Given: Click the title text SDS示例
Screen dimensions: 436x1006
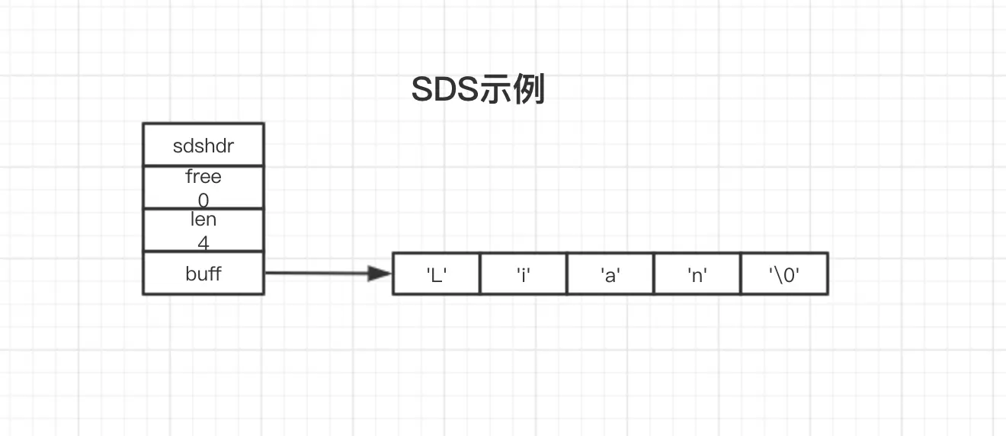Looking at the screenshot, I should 478,90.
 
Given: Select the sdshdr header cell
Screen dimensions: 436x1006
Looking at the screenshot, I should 203,146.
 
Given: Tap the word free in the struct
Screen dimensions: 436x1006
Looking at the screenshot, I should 203,177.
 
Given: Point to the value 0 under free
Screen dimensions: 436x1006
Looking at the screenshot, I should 203,200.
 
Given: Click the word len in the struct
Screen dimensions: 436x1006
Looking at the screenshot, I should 203,220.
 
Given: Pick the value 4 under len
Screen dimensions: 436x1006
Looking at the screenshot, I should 203,243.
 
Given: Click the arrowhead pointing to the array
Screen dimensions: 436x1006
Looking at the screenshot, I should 379,273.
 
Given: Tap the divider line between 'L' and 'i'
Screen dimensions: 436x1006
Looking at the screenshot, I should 479,274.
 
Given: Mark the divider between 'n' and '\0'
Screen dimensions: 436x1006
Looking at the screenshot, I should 740,274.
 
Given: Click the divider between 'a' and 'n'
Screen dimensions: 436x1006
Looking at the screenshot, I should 653,274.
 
